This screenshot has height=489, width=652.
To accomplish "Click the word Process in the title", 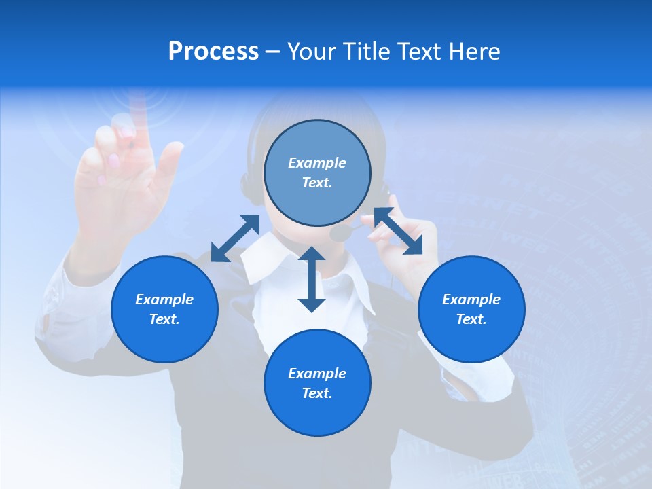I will tap(213, 52).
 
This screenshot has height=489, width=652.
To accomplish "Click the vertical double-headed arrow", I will tap(312, 279).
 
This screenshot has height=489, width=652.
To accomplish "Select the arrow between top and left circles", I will tap(235, 238).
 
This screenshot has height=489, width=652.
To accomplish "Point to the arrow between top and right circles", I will tap(398, 231).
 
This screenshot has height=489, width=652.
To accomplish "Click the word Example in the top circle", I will tap(317, 163).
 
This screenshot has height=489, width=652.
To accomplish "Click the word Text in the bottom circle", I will tap(317, 393).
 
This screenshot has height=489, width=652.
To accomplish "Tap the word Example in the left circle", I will tap(164, 300).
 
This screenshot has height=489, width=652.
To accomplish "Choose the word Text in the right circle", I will tap(471, 319).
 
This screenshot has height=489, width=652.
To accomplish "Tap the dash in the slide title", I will tap(272, 52).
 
